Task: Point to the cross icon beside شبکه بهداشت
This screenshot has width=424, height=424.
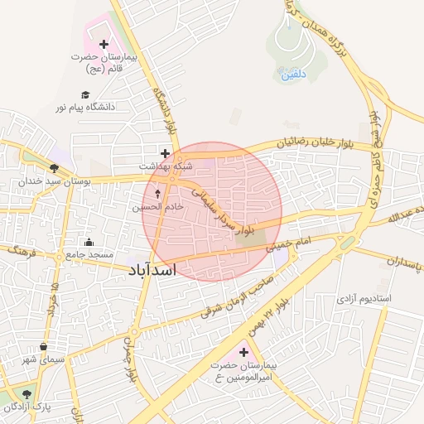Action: (166, 153)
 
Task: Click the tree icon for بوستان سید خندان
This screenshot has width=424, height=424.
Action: (54, 167)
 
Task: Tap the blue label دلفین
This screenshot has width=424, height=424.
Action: (288, 75)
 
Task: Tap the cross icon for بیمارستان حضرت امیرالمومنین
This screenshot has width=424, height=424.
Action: (243, 354)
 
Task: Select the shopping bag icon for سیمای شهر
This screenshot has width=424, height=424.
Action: (43, 346)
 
